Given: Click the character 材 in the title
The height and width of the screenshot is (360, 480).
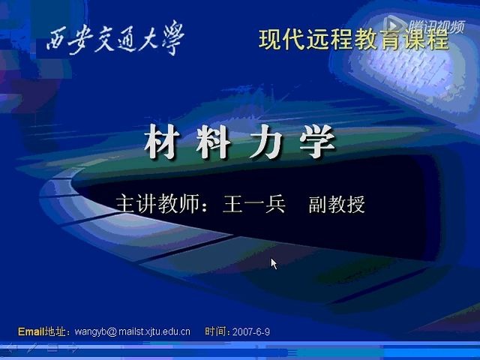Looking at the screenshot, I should (160, 143).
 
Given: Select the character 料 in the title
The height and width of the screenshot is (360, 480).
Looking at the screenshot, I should (212, 143).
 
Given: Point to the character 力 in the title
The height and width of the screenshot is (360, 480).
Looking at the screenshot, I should (264, 143).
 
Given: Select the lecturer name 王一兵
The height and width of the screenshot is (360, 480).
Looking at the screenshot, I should (254, 204).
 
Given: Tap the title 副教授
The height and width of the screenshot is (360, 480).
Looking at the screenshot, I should (337, 205).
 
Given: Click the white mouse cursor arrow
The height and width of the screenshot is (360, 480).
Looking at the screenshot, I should (274, 263).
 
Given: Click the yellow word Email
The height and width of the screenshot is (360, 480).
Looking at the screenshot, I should (31, 331).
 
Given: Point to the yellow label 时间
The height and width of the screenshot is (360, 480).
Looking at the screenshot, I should (217, 331).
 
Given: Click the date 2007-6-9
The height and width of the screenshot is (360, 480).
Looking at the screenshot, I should (252, 331).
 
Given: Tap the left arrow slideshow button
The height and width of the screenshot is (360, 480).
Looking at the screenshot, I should (10, 348).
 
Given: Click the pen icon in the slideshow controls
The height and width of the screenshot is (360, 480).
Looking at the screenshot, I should (31, 348).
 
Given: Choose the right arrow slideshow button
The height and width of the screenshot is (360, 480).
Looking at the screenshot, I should (73, 348).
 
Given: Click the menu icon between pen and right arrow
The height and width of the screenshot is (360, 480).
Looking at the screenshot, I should (52, 348).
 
